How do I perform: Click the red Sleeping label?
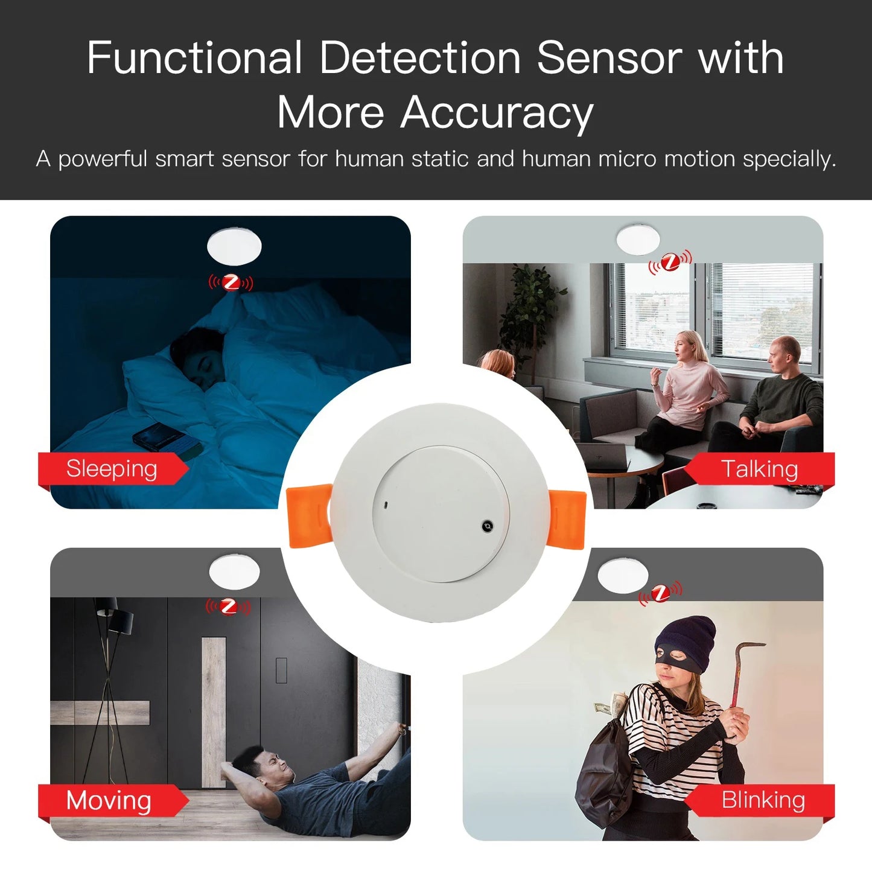point(112,469)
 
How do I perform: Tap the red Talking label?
point(759,469)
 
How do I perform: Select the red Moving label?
point(109,801)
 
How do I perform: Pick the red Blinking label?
point(763,800)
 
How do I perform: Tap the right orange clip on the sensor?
point(567,520)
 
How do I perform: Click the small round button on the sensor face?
point(488,527)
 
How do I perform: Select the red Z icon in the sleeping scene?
point(231,282)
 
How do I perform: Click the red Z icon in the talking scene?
point(670,262)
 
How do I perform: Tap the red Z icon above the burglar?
point(661,593)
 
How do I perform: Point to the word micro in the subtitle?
point(628,159)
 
